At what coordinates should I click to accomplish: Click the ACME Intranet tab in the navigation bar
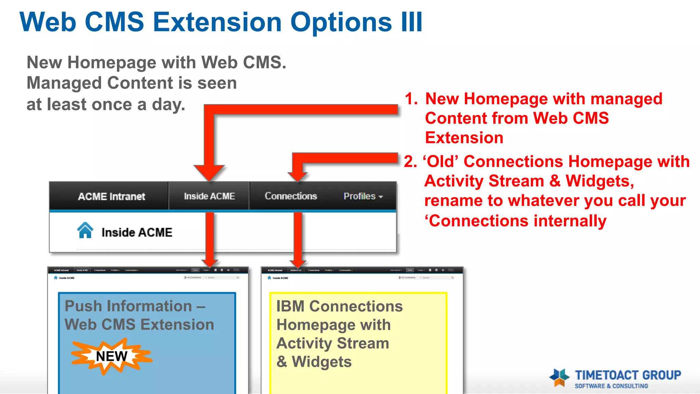[x=111, y=196]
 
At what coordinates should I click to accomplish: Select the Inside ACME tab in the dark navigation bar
[x=209, y=196]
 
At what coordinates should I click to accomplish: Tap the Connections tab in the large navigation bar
[x=291, y=196]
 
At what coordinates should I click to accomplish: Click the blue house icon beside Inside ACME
[x=85, y=230]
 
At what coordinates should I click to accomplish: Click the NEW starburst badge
[x=111, y=356]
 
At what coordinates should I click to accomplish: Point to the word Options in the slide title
[x=341, y=23]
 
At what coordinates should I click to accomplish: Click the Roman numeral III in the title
[x=412, y=23]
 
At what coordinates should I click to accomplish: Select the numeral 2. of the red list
[x=410, y=161]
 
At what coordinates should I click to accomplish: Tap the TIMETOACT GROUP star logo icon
[x=560, y=378]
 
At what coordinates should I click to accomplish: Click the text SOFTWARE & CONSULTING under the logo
[x=611, y=386]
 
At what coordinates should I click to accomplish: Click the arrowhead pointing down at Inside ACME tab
[x=209, y=173]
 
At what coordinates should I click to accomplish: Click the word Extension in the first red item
[x=464, y=138]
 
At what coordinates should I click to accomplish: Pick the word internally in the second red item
[x=570, y=221]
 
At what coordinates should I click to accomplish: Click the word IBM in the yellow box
[x=290, y=306]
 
